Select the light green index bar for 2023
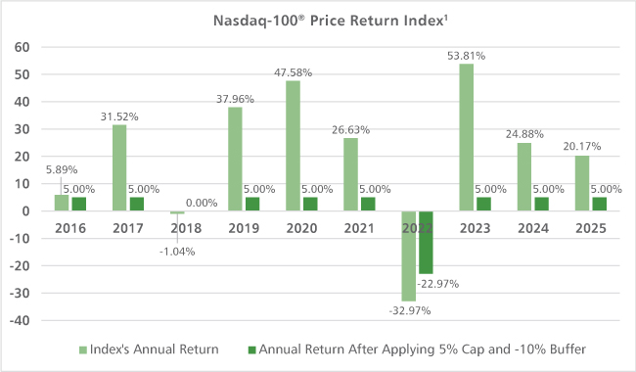tap(466, 137)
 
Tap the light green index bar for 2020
tap(293, 146)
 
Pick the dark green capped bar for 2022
tap(426, 242)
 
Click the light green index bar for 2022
tap(408, 256)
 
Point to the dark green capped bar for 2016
tap(79, 204)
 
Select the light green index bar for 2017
tap(119, 167)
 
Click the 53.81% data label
tap(466, 56)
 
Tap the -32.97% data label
tap(410, 310)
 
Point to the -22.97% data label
tap(438, 284)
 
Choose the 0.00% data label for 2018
tap(202, 203)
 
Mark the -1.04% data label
tap(177, 252)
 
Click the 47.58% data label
tap(293, 72)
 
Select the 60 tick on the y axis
tap(22, 47)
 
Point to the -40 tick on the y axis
tap(20, 320)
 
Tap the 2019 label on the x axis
tap(244, 228)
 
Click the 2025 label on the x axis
tap(591, 228)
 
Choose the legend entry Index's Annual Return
tap(149, 349)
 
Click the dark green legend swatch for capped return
tap(251, 349)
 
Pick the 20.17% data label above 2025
tap(581, 146)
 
